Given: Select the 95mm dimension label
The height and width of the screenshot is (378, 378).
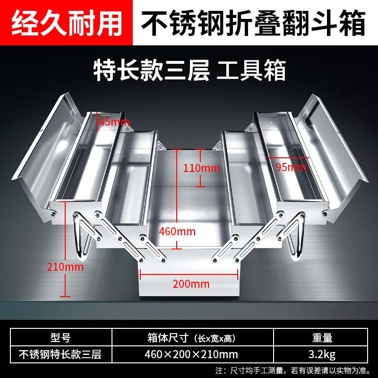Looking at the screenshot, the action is tap(291, 166).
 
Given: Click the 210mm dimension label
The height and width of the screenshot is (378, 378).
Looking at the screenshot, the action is tap(65, 266).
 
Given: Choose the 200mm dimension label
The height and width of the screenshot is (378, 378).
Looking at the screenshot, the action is tap(191, 284).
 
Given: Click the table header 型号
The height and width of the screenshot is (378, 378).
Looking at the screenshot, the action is tap(60, 338).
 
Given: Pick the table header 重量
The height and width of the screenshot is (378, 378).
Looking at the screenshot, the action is tap(322, 338).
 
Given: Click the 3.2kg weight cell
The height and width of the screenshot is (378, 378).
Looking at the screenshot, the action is tap(322, 353).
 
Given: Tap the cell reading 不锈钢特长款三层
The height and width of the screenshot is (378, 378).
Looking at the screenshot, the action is tap(60, 353).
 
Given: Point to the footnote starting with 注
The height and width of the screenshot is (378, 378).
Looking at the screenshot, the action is tap(294, 369).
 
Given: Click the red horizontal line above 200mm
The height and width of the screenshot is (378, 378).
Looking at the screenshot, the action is tap(189, 273).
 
